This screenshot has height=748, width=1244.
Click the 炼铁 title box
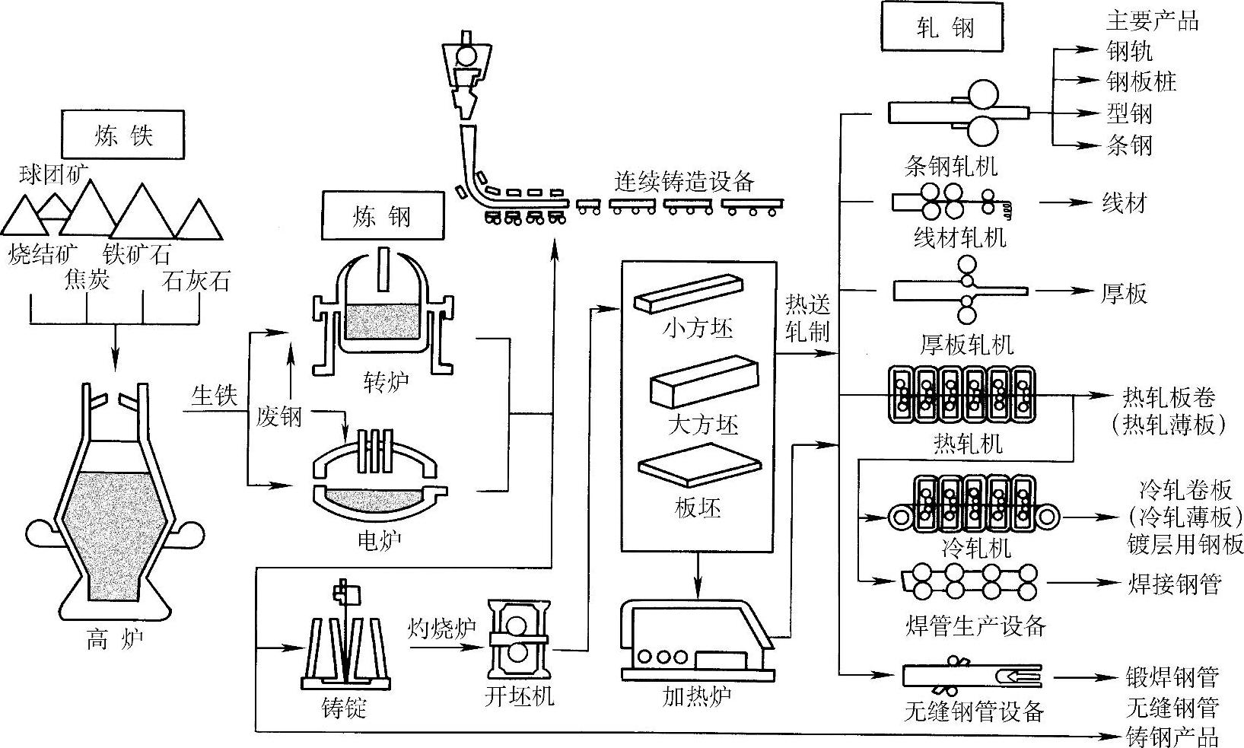pyautogui.click(x=122, y=135)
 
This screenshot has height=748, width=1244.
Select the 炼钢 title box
pyautogui.click(x=383, y=215)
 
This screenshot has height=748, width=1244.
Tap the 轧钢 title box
pyautogui.click(x=942, y=27)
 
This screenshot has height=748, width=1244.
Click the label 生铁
pyautogui.click(x=215, y=396)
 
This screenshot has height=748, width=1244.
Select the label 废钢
pyautogui.click(x=278, y=416)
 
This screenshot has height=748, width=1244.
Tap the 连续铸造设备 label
pyautogui.click(x=684, y=182)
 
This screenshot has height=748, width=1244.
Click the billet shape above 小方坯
pyautogui.click(x=689, y=294)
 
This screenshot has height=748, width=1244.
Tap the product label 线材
pyautogui.click(x=1124, y=203)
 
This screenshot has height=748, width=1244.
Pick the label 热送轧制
pyautogui.click(x=807, y=318)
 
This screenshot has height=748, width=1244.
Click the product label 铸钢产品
pyautogui.click(x=1172, y=737)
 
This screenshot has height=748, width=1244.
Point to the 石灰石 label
pyautogui.click(x=196, y=282)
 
